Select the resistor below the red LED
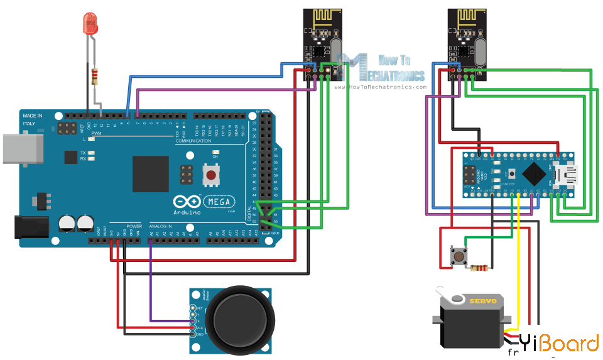95,77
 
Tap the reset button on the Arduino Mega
212,175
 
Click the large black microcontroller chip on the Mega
151,173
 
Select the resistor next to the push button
479,268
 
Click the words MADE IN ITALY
33,120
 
